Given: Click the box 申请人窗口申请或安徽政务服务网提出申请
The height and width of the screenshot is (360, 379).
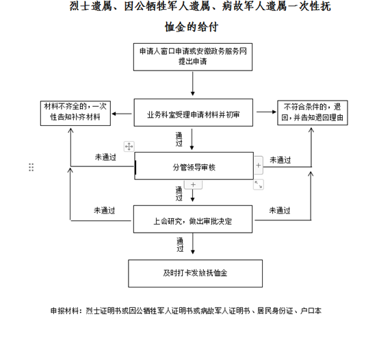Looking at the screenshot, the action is [193, 57].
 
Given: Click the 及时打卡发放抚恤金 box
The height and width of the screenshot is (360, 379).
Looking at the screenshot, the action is [195, 274].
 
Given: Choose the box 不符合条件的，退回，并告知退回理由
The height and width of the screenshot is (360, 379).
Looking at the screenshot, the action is [313, 113].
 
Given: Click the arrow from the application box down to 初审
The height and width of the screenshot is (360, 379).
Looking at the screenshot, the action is [193, 83].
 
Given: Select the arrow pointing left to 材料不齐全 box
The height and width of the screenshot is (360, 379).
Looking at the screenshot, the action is [122, 114].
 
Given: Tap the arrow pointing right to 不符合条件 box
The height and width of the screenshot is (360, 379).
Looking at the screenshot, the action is [266, 112].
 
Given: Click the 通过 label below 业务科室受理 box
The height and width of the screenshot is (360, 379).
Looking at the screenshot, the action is [179, 139].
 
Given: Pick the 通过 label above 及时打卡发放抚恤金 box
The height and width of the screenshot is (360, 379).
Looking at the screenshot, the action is [180, 244].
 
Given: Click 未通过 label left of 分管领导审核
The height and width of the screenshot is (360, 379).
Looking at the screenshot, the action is [105, 157].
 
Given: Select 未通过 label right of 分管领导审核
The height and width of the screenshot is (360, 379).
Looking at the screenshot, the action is [280, 160].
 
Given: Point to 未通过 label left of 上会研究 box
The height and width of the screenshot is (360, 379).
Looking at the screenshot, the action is [105, 210].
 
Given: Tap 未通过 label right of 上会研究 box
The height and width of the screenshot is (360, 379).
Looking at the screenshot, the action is [280, 210].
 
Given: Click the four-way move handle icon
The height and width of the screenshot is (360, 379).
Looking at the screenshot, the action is [129, 146].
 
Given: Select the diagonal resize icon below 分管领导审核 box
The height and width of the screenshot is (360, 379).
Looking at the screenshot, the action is [259, 185].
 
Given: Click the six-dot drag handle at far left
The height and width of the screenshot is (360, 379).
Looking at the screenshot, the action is [31, 167].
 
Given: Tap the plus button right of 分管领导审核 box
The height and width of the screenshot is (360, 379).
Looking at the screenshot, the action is [259, 166].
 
